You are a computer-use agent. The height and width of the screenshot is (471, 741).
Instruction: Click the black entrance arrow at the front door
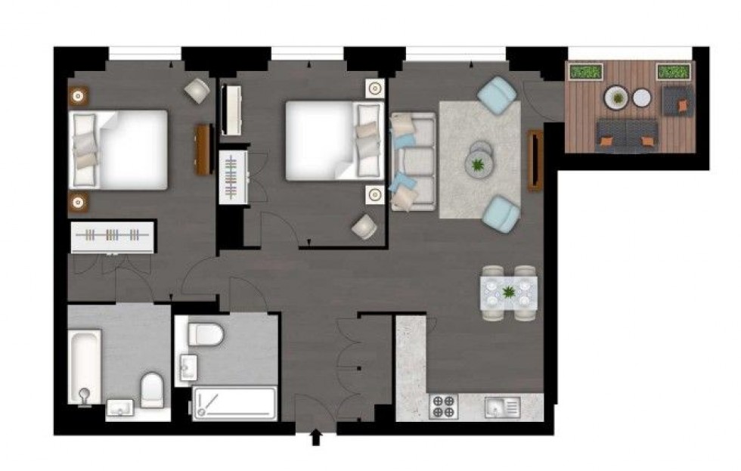click(x=316, y=438)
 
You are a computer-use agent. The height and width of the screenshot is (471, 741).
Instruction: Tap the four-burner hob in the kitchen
click(x=443, y=407)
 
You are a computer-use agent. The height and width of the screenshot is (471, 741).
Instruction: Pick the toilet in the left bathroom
click(x=152, y=387)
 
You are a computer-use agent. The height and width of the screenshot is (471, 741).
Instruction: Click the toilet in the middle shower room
click(x=206, y=333)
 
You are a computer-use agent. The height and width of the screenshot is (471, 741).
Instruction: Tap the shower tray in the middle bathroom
click(x=234, y=402)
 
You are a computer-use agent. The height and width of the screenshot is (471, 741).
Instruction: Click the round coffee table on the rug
click(x=478, y=160)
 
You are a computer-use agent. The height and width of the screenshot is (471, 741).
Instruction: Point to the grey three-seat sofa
click(x=412, y=161)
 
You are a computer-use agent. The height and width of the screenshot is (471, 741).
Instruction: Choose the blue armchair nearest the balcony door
click(x=497, y=95)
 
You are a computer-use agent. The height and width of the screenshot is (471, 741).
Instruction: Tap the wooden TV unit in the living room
click(x=536, y=160)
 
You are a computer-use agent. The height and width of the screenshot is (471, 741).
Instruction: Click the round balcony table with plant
click(x=616, y=98)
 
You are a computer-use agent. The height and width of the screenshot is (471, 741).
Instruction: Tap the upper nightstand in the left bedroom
click(x=79, y=96)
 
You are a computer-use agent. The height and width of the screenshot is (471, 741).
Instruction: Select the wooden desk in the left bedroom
click(x=203, y=149)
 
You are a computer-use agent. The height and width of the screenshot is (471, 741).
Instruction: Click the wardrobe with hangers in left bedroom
click(x=113, y=236)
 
